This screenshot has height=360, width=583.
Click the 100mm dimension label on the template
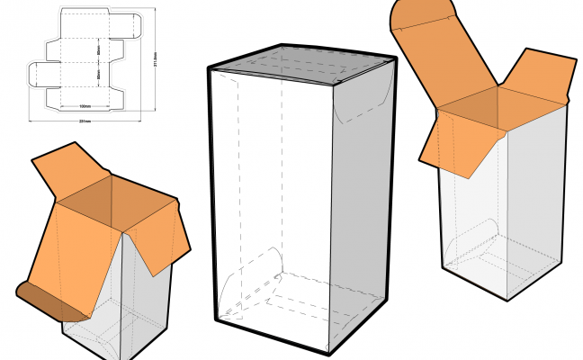click(85, 105)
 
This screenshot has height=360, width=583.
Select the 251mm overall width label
click(85, 121)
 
